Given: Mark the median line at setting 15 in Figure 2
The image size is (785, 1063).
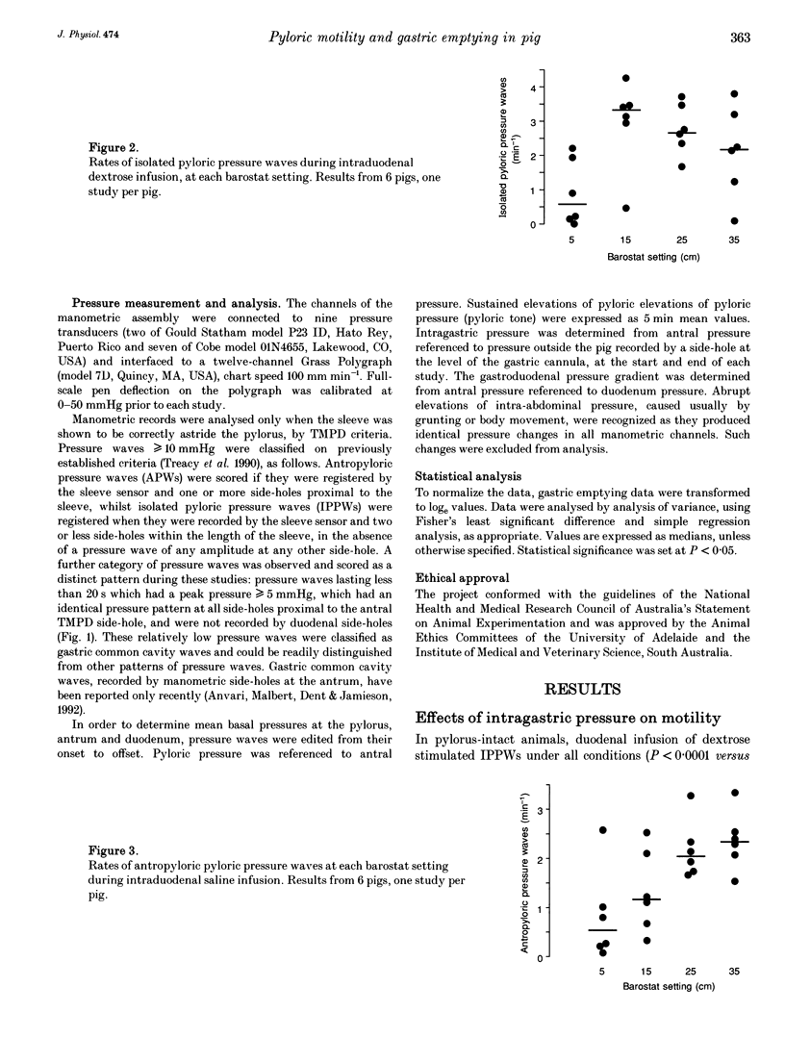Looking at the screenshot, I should coord(626,111).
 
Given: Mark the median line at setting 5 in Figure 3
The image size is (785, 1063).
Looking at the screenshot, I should coord(601,930).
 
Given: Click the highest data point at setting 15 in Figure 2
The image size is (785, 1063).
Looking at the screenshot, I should coord(626,78).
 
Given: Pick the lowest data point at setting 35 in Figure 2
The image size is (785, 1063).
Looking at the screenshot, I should coord(735,220).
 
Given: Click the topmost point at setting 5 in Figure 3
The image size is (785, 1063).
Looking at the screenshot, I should coord(602,830).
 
